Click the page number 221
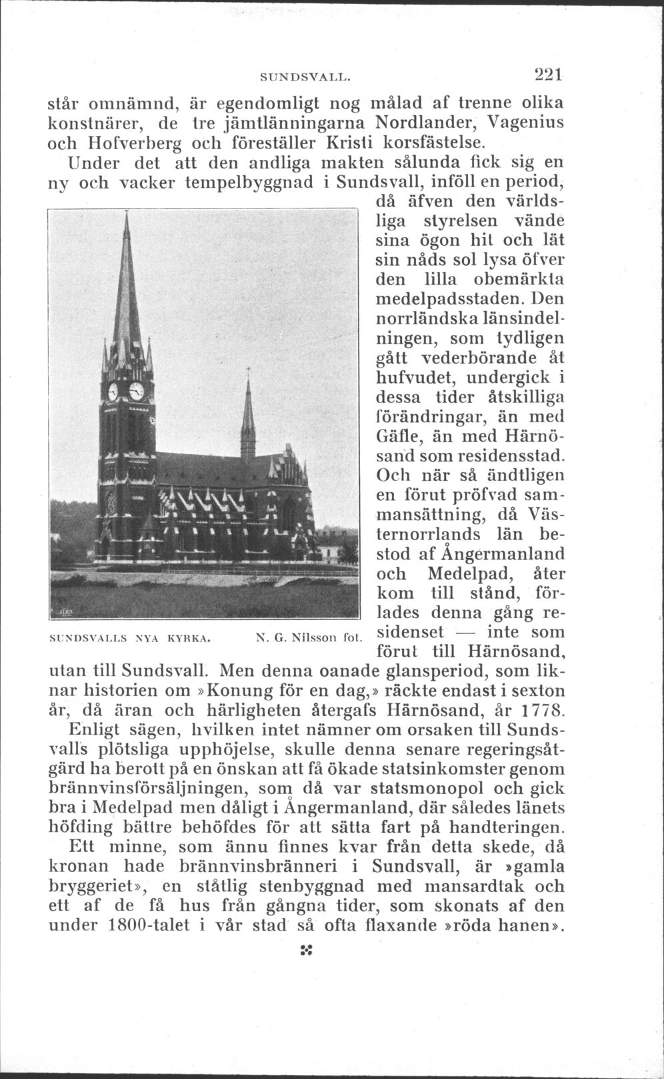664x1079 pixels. point(545,74)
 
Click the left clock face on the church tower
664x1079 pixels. point(113,391)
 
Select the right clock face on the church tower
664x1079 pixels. point(137,391)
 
